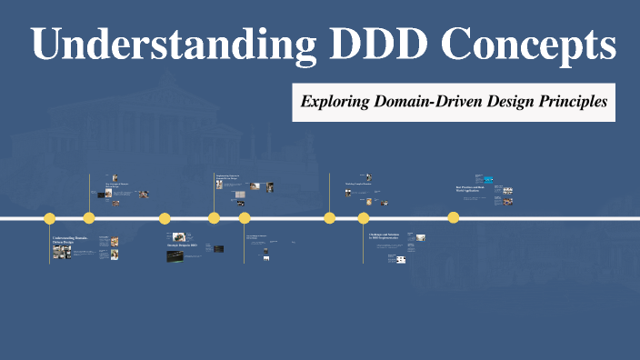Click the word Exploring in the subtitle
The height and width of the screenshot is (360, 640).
(x=335, y=102)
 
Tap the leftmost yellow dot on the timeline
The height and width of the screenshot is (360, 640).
(x=50, y=218)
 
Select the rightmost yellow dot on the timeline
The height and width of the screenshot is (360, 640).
(x=453, y=218)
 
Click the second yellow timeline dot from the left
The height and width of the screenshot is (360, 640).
(x=89, y=218)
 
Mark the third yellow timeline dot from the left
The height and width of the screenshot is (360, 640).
(x=165, y=218)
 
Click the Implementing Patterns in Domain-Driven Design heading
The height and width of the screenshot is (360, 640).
(x=229, y=176)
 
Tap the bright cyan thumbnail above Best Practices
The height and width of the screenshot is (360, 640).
(x=489, y=179)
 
